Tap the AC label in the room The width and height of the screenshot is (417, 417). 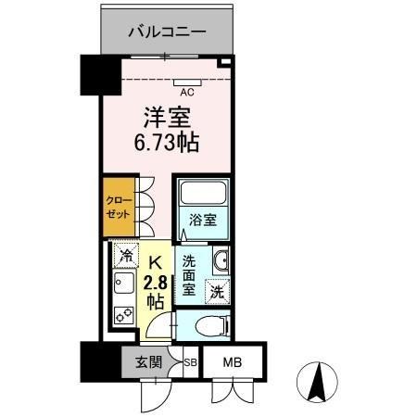pos(186,92)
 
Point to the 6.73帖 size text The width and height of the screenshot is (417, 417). pos(167,144)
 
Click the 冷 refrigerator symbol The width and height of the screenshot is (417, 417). pos(123,252)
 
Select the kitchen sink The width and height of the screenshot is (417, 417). pos(122,283)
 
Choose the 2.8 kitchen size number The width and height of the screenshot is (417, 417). pos(156,284)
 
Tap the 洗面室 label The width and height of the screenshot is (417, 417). pos(190,276)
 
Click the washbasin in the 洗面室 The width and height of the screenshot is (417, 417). pos(221,262)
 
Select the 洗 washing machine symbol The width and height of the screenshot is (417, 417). pos(216,291)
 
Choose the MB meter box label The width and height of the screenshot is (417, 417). pos(232,361)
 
